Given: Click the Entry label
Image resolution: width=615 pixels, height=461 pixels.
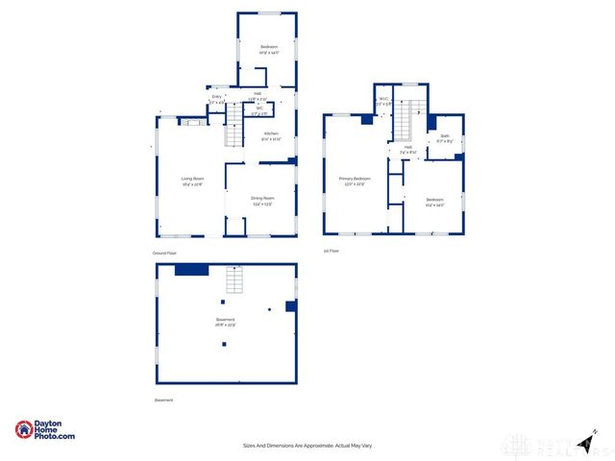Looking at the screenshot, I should click(x=216, y=97).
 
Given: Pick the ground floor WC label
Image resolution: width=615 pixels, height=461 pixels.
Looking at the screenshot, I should click(x=258, y=109).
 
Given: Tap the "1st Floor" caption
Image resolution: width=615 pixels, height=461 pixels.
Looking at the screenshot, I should click(x=331, y=251).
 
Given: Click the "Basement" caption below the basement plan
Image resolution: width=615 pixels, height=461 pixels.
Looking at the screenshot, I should click(x=164, y=400).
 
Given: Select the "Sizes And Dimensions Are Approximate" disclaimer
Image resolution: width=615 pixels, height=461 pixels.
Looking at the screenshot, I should click(x=307, y=446).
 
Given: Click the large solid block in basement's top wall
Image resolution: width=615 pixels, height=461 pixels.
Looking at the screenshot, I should click(x=192, y=270).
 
